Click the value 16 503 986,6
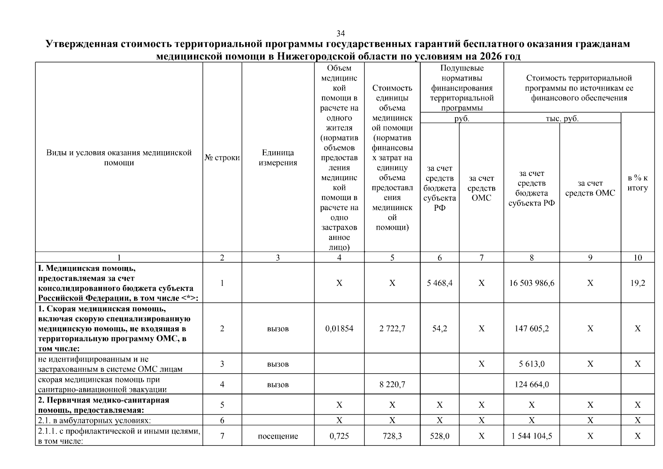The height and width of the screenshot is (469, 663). point(531,283)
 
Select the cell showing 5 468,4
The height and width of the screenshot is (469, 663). point(439,283)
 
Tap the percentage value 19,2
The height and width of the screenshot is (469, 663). point(637,283)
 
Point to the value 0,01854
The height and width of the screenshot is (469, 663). point(339,329)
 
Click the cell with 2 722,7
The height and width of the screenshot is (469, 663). point(392,329)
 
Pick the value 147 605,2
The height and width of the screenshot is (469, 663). point(531,329)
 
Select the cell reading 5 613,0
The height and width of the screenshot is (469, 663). point(531,364)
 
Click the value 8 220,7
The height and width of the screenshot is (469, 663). point(392,385)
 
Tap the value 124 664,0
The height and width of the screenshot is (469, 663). point(531,385)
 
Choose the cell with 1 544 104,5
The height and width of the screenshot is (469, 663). point(531,436)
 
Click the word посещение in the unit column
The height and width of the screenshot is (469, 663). point(278,436)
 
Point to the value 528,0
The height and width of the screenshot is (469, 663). point(439,436)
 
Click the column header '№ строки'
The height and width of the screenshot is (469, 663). point(222,158)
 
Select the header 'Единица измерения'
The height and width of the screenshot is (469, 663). point(278,158)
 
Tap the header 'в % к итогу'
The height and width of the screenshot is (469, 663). point(637,183)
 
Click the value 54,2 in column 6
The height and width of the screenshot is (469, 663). point(439,329)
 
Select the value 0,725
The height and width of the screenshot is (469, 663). point(339,436)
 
